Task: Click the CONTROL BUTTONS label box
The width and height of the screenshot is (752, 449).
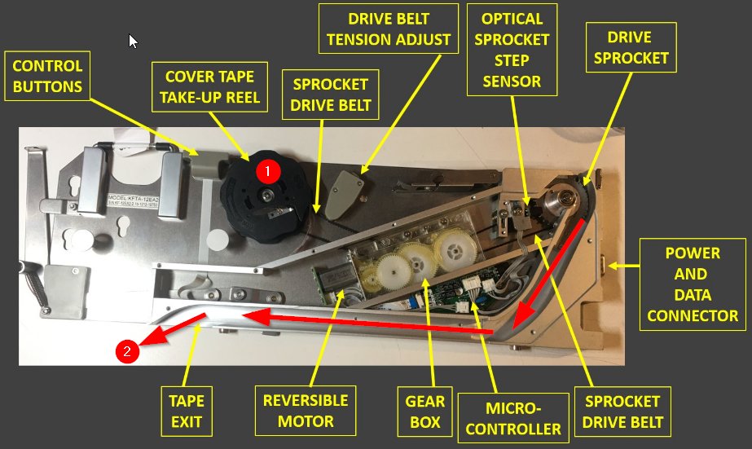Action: coord(47,76)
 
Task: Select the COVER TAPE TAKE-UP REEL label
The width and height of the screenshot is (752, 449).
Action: coord(209,87)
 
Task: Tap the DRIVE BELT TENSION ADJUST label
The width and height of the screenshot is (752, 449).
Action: coord(389,29)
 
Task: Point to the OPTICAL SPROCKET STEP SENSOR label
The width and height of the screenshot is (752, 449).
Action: coord(512,50)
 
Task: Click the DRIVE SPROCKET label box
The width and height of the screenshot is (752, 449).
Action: coord(631,47)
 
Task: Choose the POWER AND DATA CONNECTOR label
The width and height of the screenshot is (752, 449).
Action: coord(693,284)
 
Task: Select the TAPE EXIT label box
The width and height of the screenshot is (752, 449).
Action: coord(187,411)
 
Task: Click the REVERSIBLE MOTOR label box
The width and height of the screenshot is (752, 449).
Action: coord(306,411)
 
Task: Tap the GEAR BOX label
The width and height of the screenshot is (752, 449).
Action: coord(425,412)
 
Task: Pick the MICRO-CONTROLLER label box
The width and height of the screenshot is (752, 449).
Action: coord(513,418)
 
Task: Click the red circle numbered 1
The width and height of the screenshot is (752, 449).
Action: coord(267,171)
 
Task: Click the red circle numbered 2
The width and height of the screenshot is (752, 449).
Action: coord(127,351)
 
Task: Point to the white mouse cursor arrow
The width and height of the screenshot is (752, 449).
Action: coord(133,42)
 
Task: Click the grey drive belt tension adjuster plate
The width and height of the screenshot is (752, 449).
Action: coord(343,194)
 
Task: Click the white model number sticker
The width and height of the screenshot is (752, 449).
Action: coord(133,201)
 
